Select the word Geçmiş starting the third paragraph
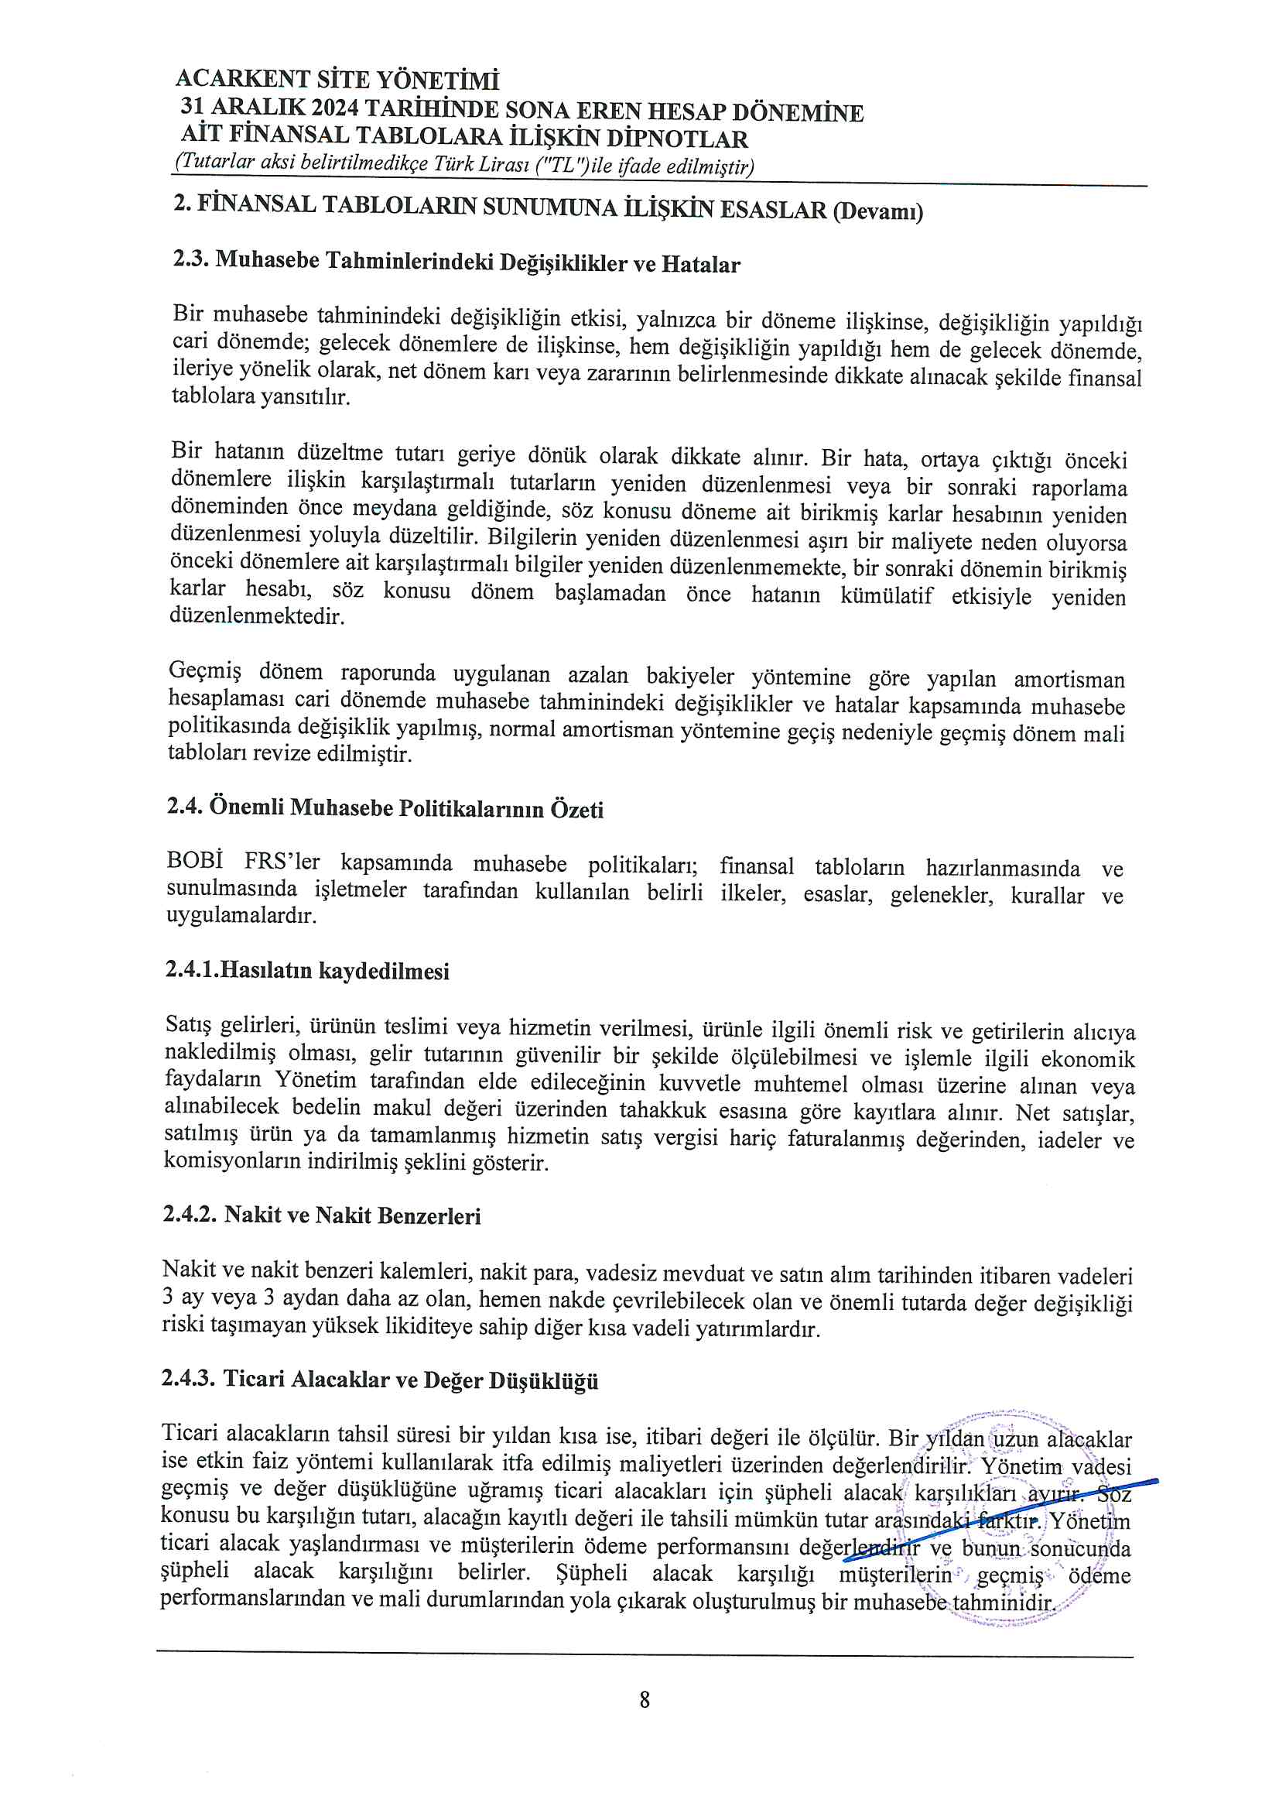point(205,671)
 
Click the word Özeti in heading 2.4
point(576,810)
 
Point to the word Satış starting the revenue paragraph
point(188,1024)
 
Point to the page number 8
point(644,1700)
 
